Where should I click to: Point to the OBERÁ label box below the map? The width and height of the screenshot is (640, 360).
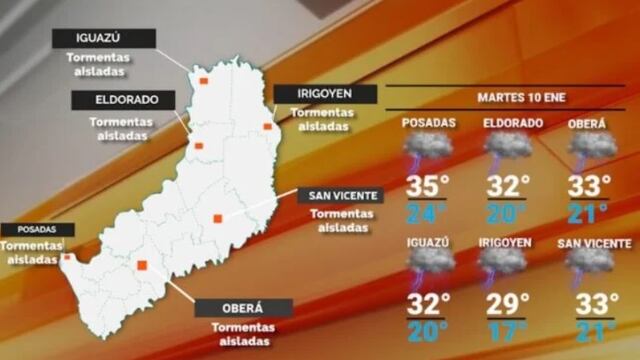tap(244, 308)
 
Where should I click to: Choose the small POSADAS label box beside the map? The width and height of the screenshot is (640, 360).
tap(37, 229)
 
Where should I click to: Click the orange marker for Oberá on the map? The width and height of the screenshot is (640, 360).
tap(142, 265)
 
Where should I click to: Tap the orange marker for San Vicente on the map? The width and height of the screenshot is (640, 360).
tap(217, 218)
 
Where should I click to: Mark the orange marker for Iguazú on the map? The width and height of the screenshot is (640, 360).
tap(203, 80)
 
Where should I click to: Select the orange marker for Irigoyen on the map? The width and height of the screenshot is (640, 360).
tap(267, 126)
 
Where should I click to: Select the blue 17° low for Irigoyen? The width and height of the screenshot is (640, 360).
tap(505, 330)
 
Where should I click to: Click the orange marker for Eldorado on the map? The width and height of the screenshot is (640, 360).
tap(198, 146)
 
